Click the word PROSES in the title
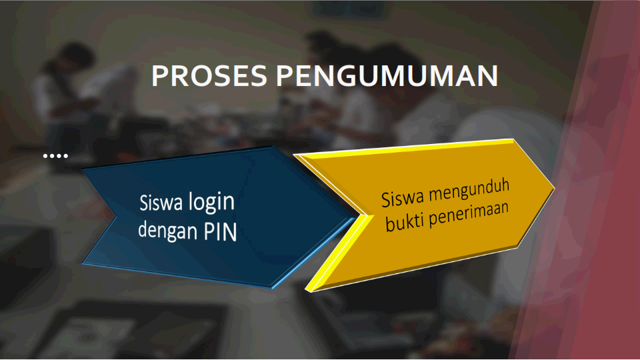pyautogui.click(x=209, y=76)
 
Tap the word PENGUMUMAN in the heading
pyautogui.click(x=387, y=76)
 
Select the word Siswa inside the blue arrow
pyautogui.click(x=160, y=203)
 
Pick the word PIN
pyautogui.click(x=221, y=232)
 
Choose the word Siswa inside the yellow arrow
pyautogui.click(x=403, y=198)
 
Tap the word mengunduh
pyautogui.click(x=469, y=190)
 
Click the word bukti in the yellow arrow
pyautogui.click(x=404, y=222)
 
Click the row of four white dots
pyautogui.click(x=55, y=155)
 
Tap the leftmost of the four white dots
pyautogui.click(x=45, y=155)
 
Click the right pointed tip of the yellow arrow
pyautogui.click(x=554, y=189)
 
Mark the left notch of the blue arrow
pyautogui.click(x=115, y=216)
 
